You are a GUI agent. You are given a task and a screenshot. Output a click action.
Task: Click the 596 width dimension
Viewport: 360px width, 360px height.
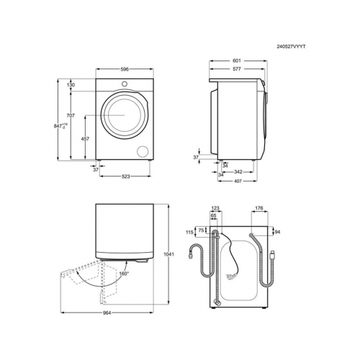(125, 69)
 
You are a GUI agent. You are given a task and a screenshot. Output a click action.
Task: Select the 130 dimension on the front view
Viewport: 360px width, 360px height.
(71, 85)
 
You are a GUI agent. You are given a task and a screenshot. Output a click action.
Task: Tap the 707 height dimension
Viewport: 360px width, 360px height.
(71, 116)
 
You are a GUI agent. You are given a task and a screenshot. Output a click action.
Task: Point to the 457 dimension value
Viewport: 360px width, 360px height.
(85, 139)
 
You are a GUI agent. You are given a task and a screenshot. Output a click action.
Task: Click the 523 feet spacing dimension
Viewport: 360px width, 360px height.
(125, 176)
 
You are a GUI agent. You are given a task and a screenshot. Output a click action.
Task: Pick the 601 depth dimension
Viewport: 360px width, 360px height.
(237, 61)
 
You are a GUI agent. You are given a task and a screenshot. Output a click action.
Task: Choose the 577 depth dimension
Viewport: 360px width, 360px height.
(237, 69)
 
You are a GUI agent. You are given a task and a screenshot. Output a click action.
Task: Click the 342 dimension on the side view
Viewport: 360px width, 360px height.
(238, 172)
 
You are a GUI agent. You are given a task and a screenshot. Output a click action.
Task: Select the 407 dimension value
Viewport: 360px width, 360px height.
(238, 181)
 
